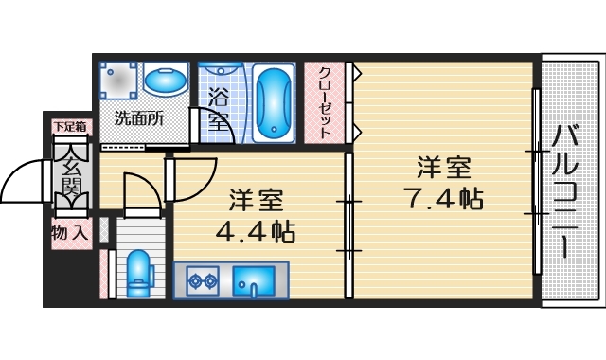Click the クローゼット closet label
pos(324,102)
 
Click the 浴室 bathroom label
pos(219,108)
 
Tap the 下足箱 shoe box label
pos(69,125)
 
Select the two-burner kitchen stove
pos(201,280)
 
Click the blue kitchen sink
pos(254,280)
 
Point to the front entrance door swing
pos(27,181)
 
